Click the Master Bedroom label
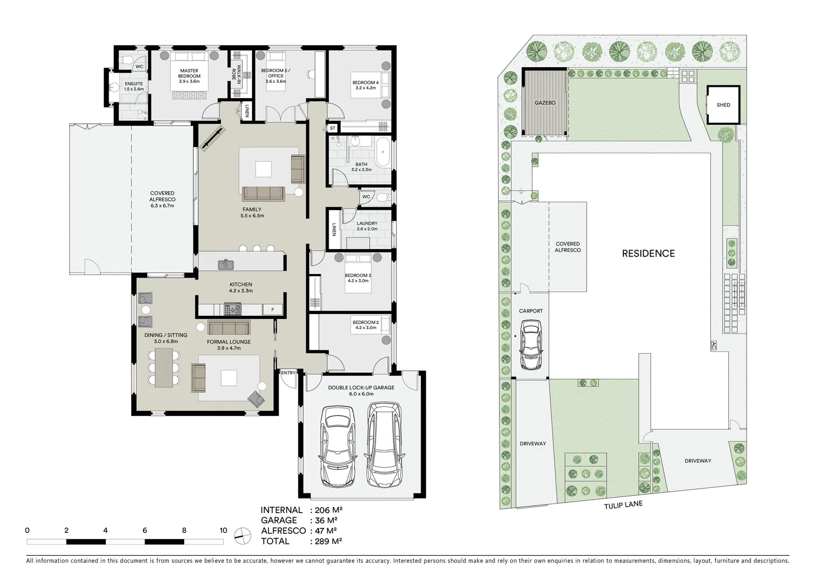tap(189, 73)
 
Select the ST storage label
tap(332, 129)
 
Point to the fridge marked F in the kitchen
tap(273, 309)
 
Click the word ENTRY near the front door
tap(288, 373)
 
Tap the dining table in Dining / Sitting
tap(164, 367)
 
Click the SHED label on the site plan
tap(723, 105)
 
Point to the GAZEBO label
tap(545, 103)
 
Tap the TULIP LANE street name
tap(623, 505)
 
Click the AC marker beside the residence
tap(713, 346)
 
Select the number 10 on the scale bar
tap(223, 531)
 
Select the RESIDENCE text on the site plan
tap(648, 254)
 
